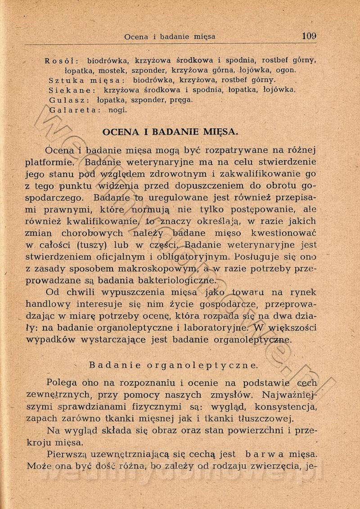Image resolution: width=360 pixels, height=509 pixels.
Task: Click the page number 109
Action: pos(310,36)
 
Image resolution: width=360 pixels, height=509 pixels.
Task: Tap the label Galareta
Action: pos(74,109)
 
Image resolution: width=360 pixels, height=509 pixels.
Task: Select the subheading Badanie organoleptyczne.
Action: pos(173,365)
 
